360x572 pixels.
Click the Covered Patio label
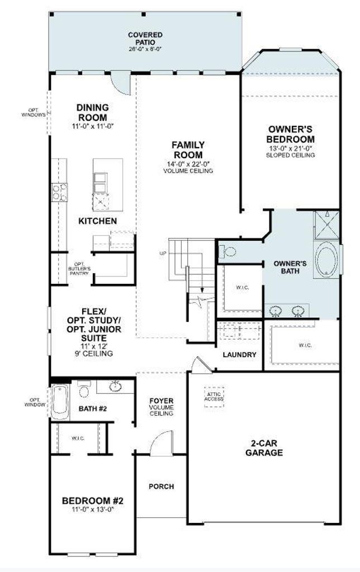point(145,39)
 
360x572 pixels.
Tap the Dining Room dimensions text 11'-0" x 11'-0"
point(93,127)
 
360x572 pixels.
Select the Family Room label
point(188,150)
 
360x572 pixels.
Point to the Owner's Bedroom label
point(290,134)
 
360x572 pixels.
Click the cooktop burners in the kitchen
point(59,192)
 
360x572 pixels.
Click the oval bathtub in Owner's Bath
point(327,259)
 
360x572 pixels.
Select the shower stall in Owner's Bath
point(327,224)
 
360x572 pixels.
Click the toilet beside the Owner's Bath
point(227,251)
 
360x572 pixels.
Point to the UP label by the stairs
point(163,253)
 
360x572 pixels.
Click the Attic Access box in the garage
point(214,397)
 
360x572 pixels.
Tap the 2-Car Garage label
point(264,448)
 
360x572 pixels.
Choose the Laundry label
point(239,355)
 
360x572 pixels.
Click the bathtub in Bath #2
point(59,402)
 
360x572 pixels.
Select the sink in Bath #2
point(115,387)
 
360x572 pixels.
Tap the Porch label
point(162,487)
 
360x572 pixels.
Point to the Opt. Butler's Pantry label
point(79,269)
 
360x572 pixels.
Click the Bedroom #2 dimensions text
point(93,509)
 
